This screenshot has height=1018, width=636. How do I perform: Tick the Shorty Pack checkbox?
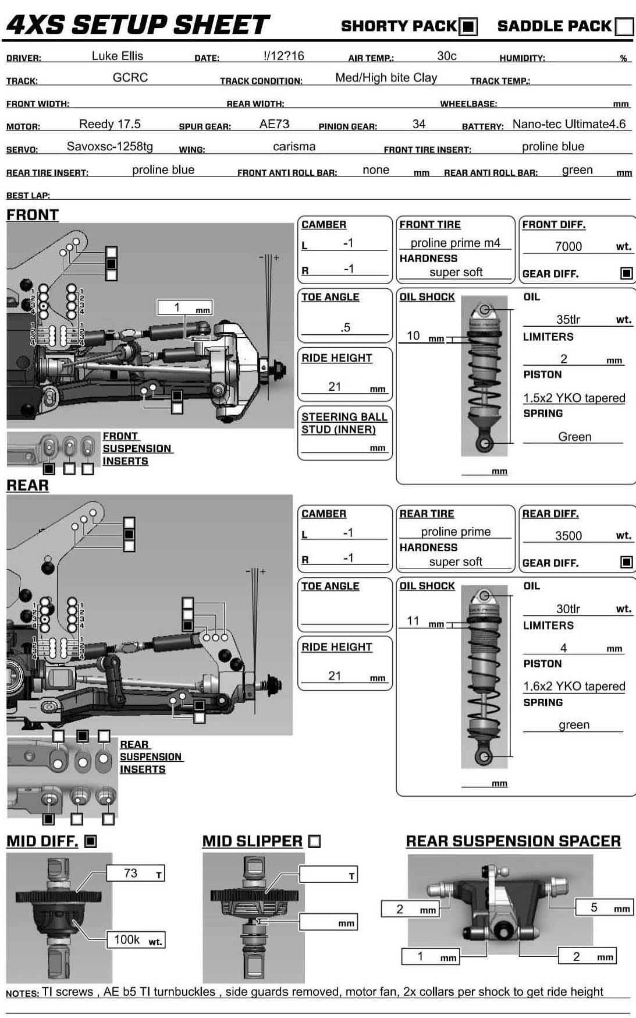[468, 27]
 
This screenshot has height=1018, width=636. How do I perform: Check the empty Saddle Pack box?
[624, 27]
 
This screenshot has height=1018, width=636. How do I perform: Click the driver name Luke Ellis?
[118, 56]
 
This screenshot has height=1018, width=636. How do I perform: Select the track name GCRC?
[130, 77]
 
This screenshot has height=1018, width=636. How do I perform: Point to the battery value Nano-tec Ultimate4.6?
[569, 124]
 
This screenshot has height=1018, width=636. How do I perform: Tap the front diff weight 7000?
[568, 246]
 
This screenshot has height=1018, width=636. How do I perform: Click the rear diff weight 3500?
[568, 536]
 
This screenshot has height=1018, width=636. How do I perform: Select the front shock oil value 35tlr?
[568, 319]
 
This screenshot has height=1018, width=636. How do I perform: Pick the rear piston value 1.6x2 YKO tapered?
[574, 686]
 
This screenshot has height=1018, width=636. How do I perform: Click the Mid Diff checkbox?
[90, 841]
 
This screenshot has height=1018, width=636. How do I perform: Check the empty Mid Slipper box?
[314, 841]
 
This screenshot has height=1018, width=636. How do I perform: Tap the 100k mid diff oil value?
[127, 939]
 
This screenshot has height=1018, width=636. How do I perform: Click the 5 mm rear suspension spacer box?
[604, 907]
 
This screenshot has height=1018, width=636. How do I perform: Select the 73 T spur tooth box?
[136, 873]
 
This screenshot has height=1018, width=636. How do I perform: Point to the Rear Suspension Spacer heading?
[513, 841]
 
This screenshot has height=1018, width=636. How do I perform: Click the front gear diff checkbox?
[626, 273]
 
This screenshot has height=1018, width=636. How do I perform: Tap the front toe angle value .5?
[346, 327]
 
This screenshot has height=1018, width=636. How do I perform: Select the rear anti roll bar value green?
[577, 170]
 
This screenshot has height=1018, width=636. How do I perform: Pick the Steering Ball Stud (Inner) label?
[344, 423]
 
